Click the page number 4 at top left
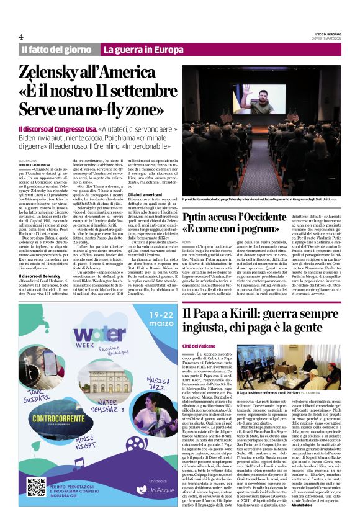point(21,37)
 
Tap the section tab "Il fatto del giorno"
point(56,49)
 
